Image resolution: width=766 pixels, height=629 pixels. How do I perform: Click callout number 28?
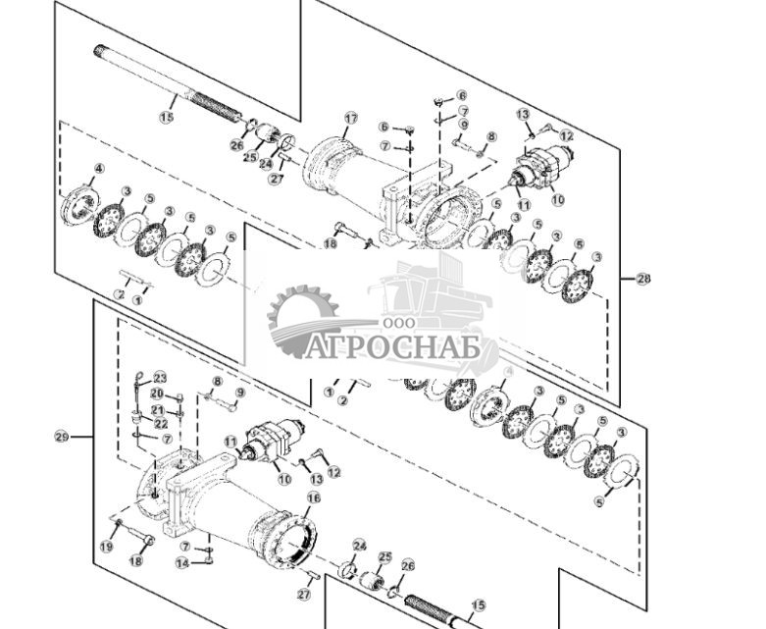(x=643, y=280)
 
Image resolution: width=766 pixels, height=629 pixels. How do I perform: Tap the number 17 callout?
(x=350, y=119)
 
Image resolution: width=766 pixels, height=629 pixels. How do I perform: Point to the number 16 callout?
(x=313, y=498)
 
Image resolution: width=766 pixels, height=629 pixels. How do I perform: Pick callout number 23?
(x=160, y=378)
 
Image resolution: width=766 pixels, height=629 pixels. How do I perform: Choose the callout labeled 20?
(x=157, y=393)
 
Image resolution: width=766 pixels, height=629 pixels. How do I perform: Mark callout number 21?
(x=157, y=409)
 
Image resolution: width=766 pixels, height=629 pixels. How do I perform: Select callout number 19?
(x=107, y=546)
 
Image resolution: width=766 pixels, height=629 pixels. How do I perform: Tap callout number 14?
(x=181, y=563)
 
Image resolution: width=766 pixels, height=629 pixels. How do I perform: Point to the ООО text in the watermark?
(x=398, y=323)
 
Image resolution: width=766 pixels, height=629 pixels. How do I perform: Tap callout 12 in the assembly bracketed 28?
(x=566, y=135)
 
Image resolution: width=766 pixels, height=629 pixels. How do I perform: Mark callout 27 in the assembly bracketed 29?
(x=304, y=594)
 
